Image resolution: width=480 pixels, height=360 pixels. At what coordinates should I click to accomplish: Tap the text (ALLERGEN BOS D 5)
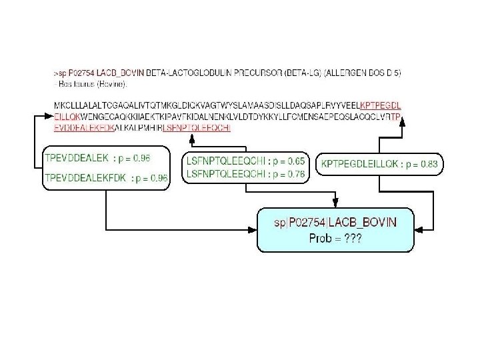(364, 72)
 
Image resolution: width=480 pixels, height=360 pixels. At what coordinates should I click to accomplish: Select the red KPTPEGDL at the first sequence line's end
(380, 106)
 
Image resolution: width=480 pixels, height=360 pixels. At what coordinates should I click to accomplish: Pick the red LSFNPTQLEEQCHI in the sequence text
(197, 127)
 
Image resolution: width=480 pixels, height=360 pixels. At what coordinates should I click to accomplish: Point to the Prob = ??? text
(335, 238)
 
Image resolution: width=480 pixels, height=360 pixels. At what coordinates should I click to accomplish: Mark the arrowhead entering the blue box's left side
(253, 229)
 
